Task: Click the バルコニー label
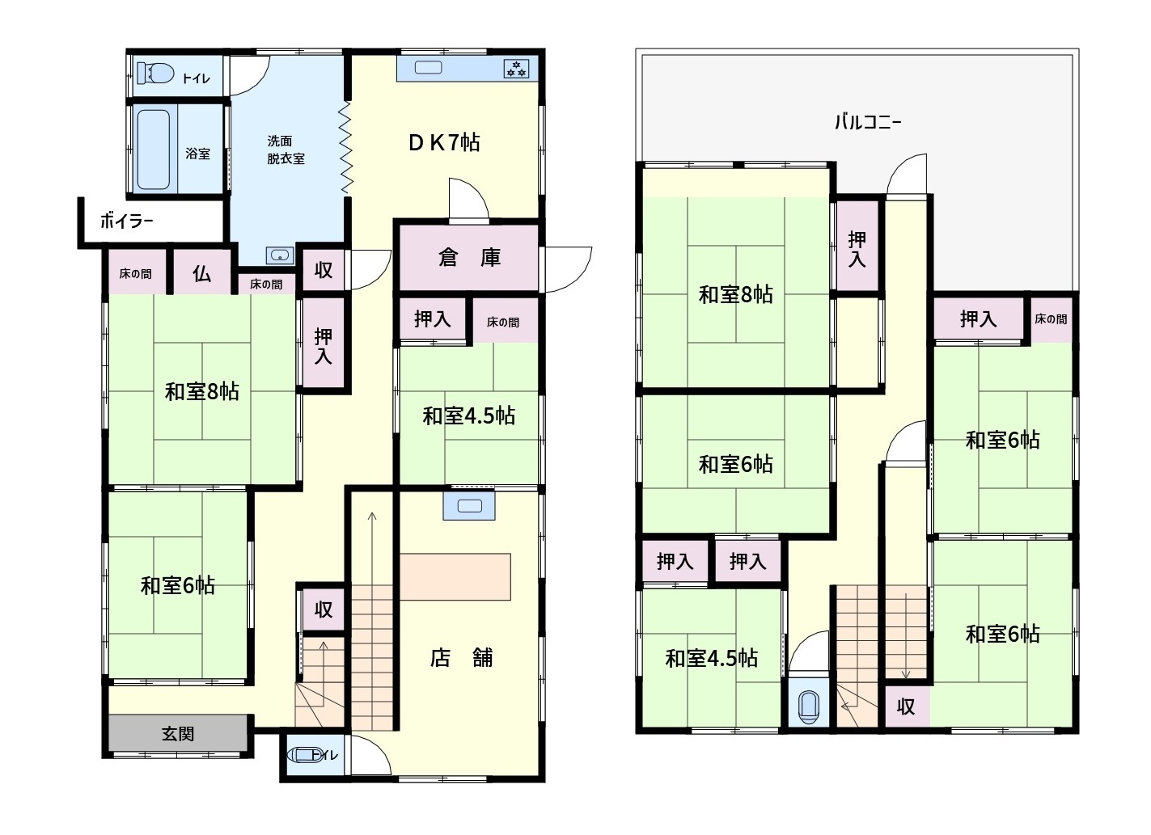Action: pos(867,122)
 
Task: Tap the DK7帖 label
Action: pos(444,142)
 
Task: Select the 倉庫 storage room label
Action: pos(469,257)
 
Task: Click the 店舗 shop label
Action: pos(461,658)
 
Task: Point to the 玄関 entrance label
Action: pos(178,734)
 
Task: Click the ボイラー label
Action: pos(126,221)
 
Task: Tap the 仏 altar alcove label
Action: pos(201,274)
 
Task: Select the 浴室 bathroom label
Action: pos(198,154)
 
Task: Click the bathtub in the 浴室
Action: pos(154,150)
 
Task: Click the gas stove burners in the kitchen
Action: pos(516,69)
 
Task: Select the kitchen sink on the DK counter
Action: pos(428,67)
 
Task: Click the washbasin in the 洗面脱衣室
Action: pos(280,255)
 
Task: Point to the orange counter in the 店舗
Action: pos(455,576)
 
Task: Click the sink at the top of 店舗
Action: pos(469,506)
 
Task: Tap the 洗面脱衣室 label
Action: pos(286,150)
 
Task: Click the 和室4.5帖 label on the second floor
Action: pos(711,658)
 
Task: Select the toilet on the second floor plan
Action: pos(808,706)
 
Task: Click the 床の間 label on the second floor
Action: pos(1051,319)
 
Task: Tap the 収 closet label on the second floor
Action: pos(905,707)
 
